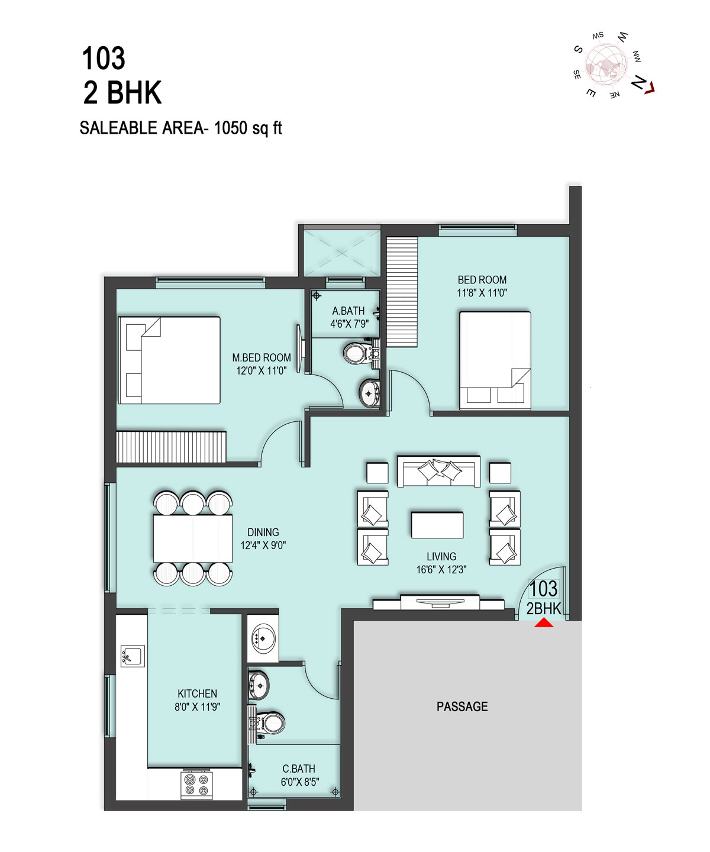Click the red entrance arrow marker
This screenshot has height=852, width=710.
(544, 622)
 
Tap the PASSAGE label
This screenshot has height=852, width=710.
(462, 706)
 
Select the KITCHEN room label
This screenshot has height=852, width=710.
(197, 693)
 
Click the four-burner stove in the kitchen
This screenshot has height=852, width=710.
(196, 785)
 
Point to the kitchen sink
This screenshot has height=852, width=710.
(133, 656)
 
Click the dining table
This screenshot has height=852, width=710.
(193, 538)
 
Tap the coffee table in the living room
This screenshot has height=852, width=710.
(437, 525)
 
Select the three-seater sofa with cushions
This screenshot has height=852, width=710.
(438, 472)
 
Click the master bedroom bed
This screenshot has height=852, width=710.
(169, 360)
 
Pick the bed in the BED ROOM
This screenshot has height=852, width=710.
(495, 361)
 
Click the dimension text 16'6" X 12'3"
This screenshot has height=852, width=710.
(441, 569)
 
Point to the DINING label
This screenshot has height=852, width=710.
(263, 532)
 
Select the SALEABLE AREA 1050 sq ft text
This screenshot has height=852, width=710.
(181, 128)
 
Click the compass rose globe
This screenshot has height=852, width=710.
(606, 64)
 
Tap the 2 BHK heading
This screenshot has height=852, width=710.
(122, 93)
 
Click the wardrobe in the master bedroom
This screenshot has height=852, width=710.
(171, 447)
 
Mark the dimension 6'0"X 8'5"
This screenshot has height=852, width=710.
(299, 782)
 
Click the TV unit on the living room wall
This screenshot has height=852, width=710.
(438, 602)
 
